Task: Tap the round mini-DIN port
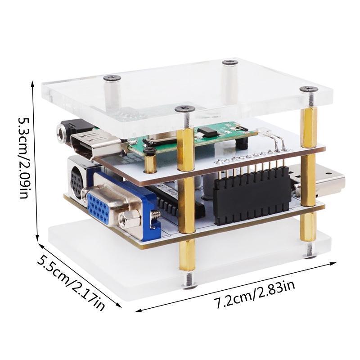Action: [x=76, y=182]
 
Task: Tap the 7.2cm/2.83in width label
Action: [x=254, y=295]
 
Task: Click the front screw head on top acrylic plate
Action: [x=184, y=108]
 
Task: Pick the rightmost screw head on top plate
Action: [x=309, y=89]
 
